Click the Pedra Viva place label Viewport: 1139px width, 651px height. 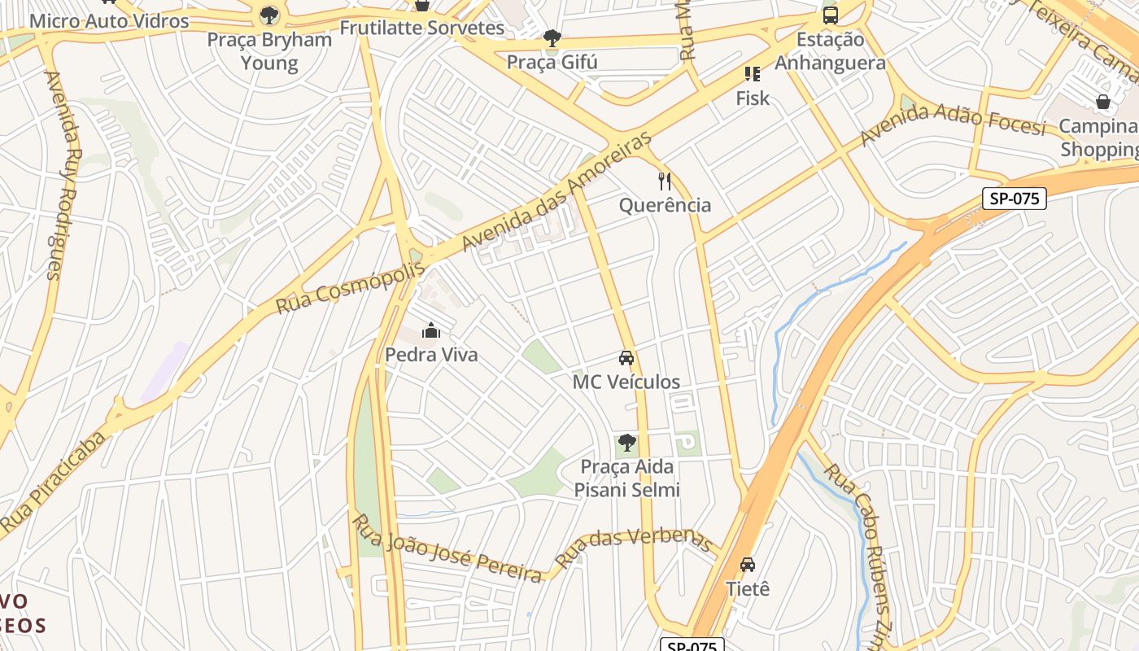coord(431,355)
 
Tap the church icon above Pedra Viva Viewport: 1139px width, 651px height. coord(431,330)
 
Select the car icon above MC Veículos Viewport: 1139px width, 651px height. coord(626,358)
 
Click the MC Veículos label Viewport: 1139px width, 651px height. coord(626,382)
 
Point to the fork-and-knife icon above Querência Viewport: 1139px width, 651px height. coord(666,181)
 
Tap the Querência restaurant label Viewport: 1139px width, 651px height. coord(666,205)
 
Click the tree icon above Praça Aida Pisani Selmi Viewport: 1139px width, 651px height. coord(626,443)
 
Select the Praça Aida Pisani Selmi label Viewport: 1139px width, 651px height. coord(626,478)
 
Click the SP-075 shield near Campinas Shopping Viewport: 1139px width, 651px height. coord(1014,199)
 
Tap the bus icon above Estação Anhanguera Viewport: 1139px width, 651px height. coord(830,15)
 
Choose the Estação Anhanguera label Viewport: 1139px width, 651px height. coord(830,50)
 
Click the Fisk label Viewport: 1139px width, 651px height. coord(753,98)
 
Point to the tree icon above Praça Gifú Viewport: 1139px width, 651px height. coord(552,37)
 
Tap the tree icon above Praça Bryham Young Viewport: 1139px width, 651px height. coord(269,15)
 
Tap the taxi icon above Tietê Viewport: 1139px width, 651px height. coord(748,564)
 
